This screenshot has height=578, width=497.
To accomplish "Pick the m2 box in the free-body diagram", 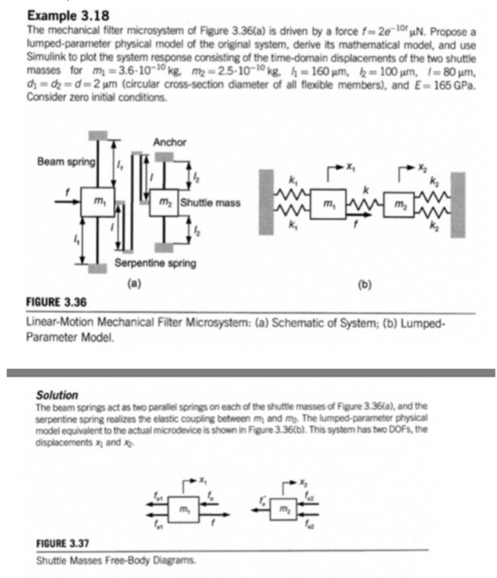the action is point(283,500).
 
